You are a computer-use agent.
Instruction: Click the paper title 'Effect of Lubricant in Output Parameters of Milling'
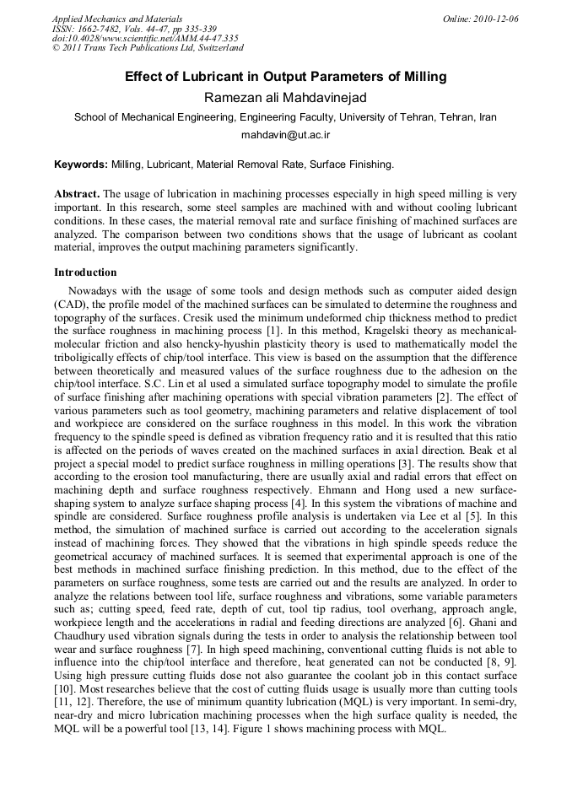coord(285,77)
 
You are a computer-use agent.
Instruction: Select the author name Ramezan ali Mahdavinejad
coord(285,98)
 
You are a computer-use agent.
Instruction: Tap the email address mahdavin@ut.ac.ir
coord(285,134)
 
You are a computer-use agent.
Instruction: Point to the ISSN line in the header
coord(134,29)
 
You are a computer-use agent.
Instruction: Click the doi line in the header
coord(145,38)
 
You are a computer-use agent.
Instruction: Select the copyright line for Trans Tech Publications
coord(148,48)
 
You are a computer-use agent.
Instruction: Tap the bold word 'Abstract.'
coord(78,193)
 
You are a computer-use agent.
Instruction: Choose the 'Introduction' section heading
coord(85,272)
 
